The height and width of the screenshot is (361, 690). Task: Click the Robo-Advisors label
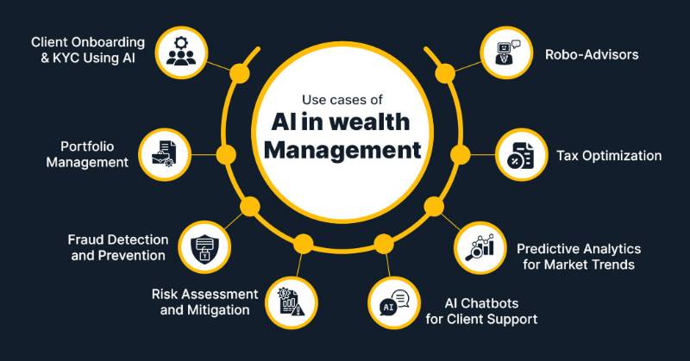[x=592, y=54]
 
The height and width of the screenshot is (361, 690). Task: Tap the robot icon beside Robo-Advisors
[x=506, y=53]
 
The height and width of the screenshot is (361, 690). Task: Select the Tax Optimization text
[x=609, y=156]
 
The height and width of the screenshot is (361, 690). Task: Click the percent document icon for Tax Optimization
[x=521, y=155]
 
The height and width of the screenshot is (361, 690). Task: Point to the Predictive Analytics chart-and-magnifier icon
[x=480, y=247]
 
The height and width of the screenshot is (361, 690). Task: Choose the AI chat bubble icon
[x=394, y=302]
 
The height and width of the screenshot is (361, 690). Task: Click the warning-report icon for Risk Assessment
[x=291, y=302]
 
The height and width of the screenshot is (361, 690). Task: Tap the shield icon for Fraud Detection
[x=204, y=248]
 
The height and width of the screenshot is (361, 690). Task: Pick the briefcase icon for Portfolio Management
[x=164, y=154]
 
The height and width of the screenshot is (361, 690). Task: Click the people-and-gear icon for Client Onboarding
[x=181, y=53]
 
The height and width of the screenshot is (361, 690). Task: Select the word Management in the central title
[x=342, y=151]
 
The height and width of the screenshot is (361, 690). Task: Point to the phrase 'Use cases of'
[x=342, y=100]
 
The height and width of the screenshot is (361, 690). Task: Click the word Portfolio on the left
[x=87, y=146]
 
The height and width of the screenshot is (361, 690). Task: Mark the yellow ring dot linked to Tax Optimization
[x=461, y=155]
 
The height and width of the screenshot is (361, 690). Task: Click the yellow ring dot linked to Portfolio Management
[x=226, y=155]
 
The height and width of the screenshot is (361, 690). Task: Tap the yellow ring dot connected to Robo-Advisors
[x=445, y=73]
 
